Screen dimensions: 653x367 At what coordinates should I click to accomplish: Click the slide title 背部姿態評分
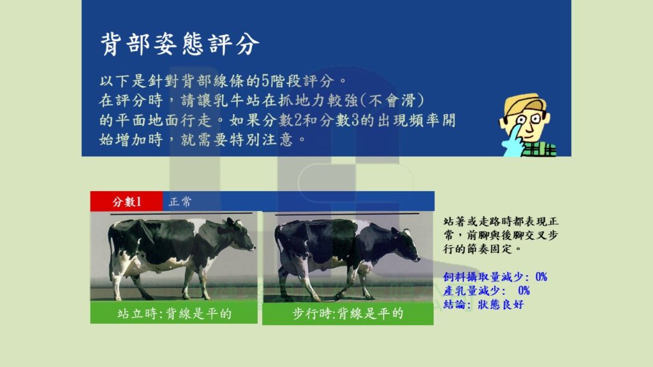tap(179, 44)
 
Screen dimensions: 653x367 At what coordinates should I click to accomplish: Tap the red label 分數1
tap(127, 202)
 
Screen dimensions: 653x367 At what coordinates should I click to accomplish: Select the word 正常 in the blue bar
tap(180, 202)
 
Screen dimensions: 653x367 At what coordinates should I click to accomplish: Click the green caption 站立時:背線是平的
tap(174, 313)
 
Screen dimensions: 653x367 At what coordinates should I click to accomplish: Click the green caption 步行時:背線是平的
tap(348, 313)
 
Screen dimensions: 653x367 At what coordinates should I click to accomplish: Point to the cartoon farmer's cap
tap(524, 103)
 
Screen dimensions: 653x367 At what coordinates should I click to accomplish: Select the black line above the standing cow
tap(181, 214)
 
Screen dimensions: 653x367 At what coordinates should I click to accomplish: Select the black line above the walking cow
tap(347, 214)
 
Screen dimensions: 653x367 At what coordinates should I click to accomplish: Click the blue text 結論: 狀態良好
tap(483, 305)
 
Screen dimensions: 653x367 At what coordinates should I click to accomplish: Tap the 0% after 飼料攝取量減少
tap(541, 277)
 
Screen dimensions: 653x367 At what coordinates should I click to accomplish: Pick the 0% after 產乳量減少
tap(524, 291)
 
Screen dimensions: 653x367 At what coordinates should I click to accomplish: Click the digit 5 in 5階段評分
tap(265, 81)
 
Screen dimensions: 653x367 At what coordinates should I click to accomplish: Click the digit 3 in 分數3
tap(355, 120)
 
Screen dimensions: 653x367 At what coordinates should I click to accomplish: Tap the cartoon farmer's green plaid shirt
tap(539, 149)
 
